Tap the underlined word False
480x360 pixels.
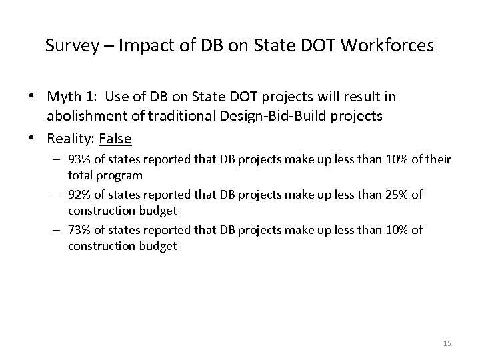(115, 138)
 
